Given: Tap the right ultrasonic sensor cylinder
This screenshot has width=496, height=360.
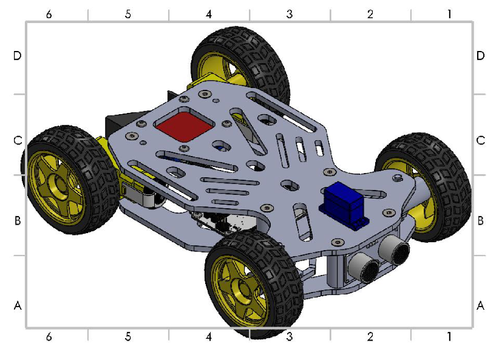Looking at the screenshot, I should (393, 248).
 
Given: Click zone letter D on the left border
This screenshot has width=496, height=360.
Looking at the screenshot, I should (18, 56).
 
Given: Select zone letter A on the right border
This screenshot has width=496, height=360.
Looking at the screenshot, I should (480, 306).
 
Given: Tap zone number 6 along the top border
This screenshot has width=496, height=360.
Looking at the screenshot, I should (49, 13).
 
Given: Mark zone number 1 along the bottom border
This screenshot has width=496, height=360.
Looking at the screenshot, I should (449, 336).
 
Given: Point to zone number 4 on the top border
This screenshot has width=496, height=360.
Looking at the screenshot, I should (209, 13).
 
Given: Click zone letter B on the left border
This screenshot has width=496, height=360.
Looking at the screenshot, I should (18, 220).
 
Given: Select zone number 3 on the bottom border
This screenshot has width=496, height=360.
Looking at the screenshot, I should (290, 336).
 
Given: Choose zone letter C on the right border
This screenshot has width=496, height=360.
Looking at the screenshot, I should (480, 140).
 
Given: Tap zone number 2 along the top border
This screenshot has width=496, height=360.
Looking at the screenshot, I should (370, 13).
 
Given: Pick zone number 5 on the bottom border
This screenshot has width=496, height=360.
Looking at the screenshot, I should (127, 336).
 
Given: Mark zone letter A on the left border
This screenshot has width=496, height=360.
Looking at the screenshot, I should (18, 306).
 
